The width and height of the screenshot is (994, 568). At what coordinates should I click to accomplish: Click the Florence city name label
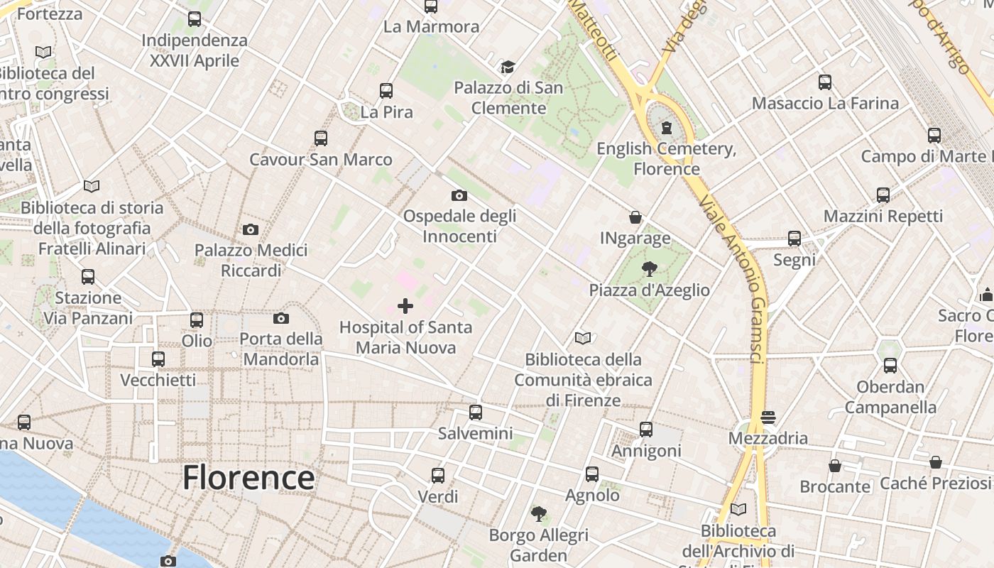[x=248, y=478]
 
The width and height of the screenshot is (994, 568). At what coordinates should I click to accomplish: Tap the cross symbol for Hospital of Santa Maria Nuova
[x=405, y=306]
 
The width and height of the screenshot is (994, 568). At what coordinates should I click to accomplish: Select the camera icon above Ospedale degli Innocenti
[x=459, y=195]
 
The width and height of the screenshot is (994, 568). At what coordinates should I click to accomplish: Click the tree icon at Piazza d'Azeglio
[x=649, y=269]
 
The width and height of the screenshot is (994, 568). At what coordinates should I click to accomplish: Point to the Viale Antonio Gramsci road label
[x=731, y=277]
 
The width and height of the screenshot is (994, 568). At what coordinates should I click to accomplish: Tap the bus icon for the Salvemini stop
[x=476, y=412]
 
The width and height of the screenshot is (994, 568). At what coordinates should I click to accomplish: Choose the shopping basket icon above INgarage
[x=635, y=217]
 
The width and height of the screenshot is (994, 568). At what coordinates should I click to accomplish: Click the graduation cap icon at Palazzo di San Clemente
[x=508, y=67]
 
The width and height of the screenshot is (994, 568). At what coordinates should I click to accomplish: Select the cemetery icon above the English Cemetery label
[x=667, y=128]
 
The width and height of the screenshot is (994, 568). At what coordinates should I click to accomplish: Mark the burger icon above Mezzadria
[x=768, y=417]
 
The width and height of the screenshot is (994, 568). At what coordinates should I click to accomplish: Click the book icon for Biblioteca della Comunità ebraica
[x=583, y=338]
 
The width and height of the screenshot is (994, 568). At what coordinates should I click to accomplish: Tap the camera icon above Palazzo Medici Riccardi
[x=251, y=229]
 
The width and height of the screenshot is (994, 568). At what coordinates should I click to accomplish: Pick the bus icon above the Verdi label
[x=438, y=476]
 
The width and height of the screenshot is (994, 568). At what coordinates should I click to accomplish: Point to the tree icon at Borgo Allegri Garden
[x=539, y=513]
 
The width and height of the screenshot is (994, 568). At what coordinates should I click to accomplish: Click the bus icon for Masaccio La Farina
[x=825, y=82]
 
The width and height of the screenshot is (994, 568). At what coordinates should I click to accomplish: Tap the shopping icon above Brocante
[x=835, y=466]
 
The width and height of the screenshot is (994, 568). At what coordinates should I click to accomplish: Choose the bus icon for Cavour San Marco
[x=321, y=138]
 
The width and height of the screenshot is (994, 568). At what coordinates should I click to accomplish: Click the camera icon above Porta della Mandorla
[x=281, y=318]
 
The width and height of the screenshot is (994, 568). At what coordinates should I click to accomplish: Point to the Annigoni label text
[x=646, y=451]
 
